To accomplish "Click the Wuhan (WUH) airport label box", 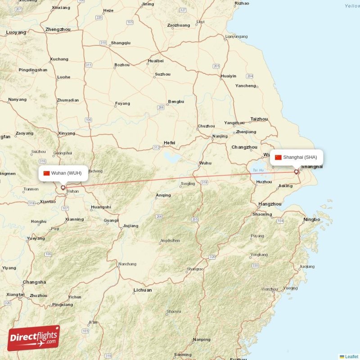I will (63, 173).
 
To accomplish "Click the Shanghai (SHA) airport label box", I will (296, 157).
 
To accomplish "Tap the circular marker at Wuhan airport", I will (63, 188).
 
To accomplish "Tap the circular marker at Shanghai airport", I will (296, 171).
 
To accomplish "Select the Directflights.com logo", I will (34, 338).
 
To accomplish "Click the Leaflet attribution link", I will (351, 356).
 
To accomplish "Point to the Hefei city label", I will (169, 143).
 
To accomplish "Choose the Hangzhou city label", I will (270, 204).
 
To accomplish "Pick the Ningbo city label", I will (311, 220).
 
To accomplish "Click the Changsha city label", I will (34, 282).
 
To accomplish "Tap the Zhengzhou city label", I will (58, 29).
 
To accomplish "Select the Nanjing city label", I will (220, 136).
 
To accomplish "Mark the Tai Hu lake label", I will (258, 170).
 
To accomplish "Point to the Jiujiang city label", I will (130, 225).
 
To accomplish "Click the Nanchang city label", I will (127, 264).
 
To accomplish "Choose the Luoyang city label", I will (16, 32).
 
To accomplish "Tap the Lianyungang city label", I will (236, 36).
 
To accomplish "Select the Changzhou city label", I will (244, 147).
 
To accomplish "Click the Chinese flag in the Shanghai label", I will (278, 157).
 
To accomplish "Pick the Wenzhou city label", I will (270, 289).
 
